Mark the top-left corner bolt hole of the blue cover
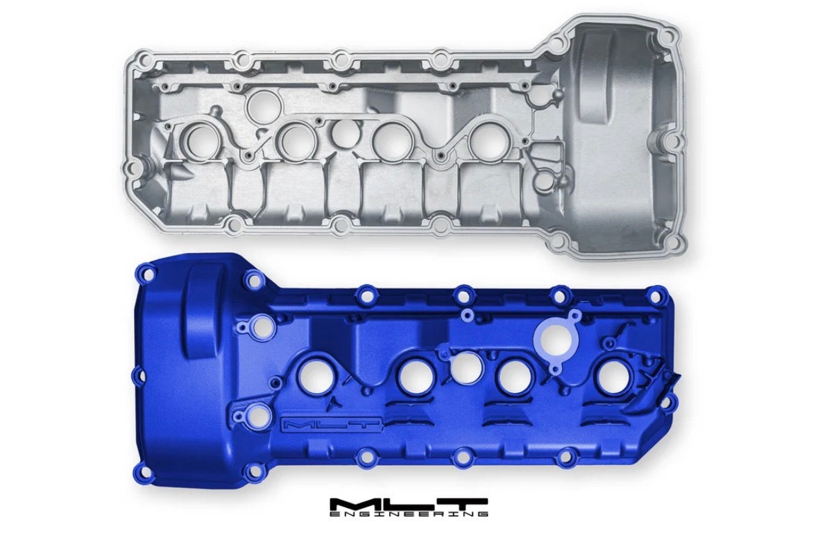(149, 272)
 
